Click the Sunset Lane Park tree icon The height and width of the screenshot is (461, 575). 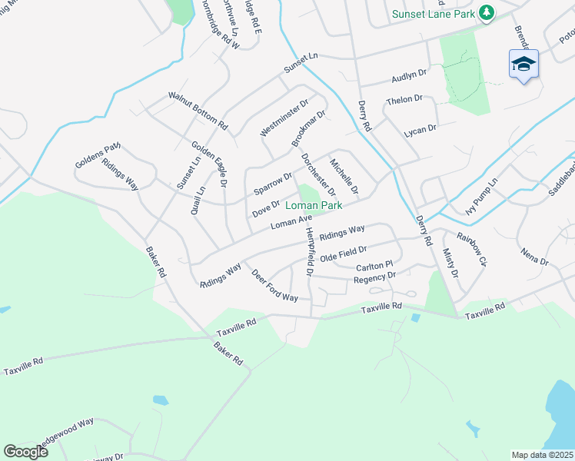tap(486, 13)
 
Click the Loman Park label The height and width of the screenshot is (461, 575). tap(313, 206)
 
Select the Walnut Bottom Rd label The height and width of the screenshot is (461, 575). tap(198, 111)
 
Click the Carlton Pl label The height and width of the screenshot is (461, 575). tap(374, 266)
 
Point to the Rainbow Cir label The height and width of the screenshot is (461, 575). tap(472, 245)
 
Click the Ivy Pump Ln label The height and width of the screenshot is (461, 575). tap(482, 197)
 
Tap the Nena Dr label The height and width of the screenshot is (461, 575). tap(533, 257)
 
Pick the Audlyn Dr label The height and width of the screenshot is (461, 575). tap(408, 75)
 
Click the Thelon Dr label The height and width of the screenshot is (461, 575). tap(404, 100)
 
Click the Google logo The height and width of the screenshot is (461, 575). tap(26, 452)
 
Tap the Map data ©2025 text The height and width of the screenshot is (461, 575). tap(543, 455)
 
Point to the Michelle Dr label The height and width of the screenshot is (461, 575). tap(344, 176)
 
